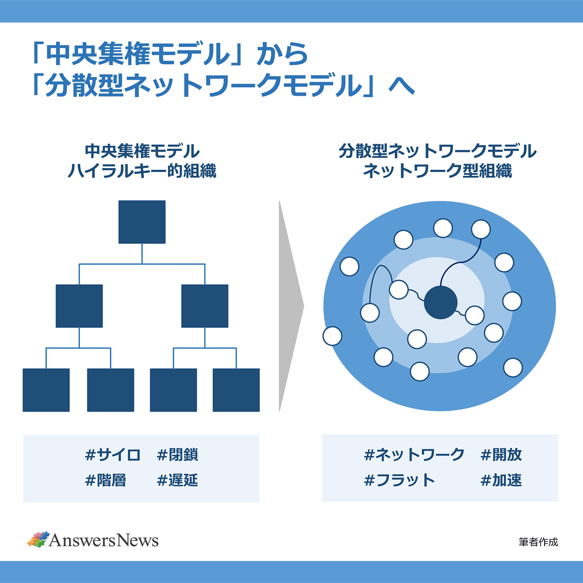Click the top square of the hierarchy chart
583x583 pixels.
click(x=142, y=222)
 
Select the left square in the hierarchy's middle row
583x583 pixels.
click(x=79, y=306)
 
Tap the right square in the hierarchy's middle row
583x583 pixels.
click(x=205, y=306)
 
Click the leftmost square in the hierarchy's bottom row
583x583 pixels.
click(x=46, y=390)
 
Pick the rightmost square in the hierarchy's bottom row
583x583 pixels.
click(x=236, y=390)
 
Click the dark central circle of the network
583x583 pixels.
click(x=441, y=302)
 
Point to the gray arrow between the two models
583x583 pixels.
click(x=290, y=306)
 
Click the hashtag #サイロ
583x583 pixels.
click(x=113, y=455)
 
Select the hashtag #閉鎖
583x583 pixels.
click(x=178, y=455)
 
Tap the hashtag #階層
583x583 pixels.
click(x=106, y=480)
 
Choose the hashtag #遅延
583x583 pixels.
click(x=178, y=480)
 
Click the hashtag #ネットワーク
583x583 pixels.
click(x=414, y=455)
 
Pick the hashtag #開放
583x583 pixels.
click(x=501, y=455)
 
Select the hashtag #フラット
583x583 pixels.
click(x=399, y=480)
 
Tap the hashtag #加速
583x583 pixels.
click(x=501, y=480)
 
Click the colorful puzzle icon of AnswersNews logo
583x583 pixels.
click(x=38, y=539)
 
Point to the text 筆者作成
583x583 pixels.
click(x=538, y=542)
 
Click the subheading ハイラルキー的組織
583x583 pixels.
click(x=142, y=171)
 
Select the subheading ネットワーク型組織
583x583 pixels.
click(x=437, y=171)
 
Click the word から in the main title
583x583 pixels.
click(x=283, y=54)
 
